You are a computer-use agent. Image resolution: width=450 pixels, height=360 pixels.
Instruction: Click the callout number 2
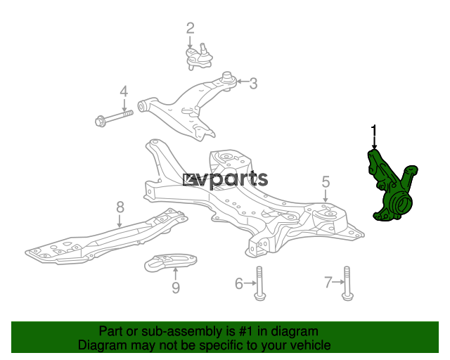(190, 29)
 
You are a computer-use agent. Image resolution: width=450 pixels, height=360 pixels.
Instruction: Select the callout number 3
(253, 84)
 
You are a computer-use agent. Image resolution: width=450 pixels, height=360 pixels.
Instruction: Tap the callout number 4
(124, 91)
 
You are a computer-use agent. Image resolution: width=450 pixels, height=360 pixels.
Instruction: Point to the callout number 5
(326, 182)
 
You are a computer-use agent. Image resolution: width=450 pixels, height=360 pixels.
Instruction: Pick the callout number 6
(239, 283)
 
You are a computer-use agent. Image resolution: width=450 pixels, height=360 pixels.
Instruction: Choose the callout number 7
(328, 283)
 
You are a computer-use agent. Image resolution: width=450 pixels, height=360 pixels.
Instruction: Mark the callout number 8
(120, 207)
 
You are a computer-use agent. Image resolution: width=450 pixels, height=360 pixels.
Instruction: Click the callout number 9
(175, 287)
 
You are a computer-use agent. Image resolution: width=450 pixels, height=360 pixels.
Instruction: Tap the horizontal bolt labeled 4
(112, 117)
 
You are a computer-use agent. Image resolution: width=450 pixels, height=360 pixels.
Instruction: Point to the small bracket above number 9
(171, 264)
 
